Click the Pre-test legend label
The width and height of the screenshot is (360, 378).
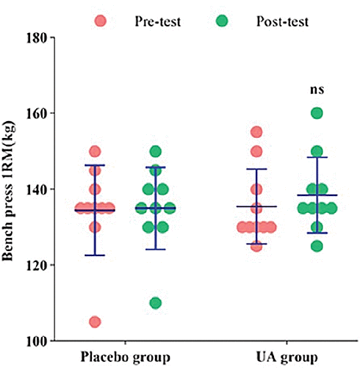157,21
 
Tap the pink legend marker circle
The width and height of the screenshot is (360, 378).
101,21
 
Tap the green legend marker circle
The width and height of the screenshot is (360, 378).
222,21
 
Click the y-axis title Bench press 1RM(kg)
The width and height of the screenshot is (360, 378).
10,189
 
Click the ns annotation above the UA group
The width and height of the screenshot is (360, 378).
317,90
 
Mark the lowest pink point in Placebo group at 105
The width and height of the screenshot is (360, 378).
95,321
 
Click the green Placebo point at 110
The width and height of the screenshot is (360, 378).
155,303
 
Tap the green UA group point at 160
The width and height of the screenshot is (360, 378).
317,113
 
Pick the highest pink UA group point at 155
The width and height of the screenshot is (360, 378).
256,132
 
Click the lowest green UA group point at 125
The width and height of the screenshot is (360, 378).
317,246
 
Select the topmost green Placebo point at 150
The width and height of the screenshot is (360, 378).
155,151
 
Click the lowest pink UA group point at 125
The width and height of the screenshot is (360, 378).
256,246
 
